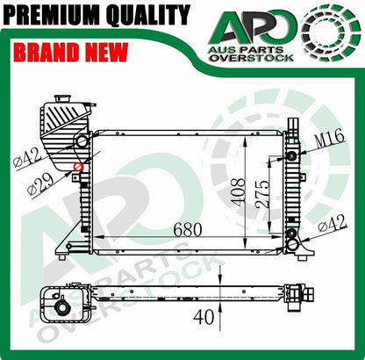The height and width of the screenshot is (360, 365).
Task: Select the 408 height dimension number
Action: (240, 191)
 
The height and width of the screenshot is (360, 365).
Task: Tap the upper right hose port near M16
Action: (292, 155)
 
